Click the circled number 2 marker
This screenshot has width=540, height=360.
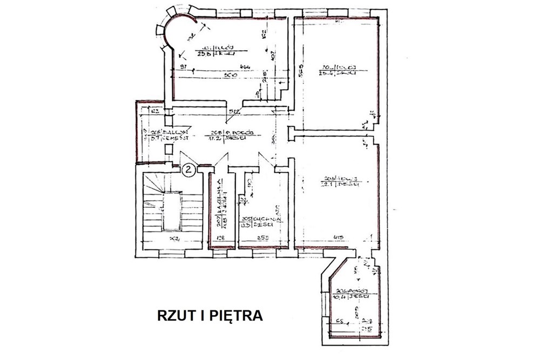pos(188,169)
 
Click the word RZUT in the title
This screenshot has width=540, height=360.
pos(174,315)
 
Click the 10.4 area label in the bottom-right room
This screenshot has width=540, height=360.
pos(339,296)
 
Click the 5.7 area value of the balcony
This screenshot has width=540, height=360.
pos(155,139)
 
